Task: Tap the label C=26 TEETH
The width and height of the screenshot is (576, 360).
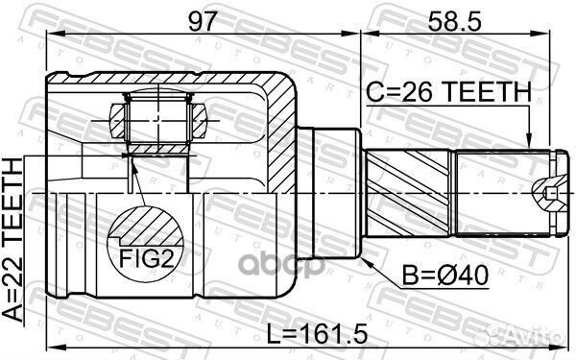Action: click(448, 92)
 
